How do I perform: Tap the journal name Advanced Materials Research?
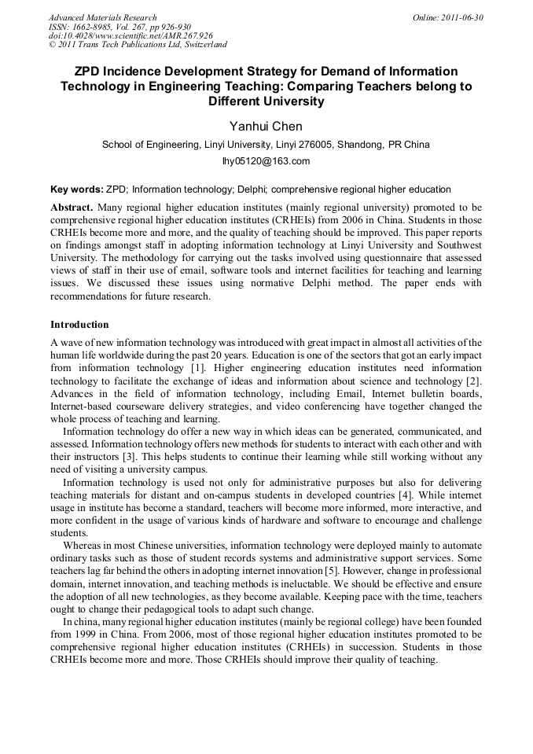(102, 17)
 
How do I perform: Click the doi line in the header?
(130, 35)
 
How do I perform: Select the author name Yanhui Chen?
(266, 127)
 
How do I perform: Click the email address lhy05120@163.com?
(266, 161)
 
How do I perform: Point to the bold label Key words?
(76, 189)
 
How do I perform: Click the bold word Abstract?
(72, 208)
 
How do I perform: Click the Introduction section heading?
(79, 325)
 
